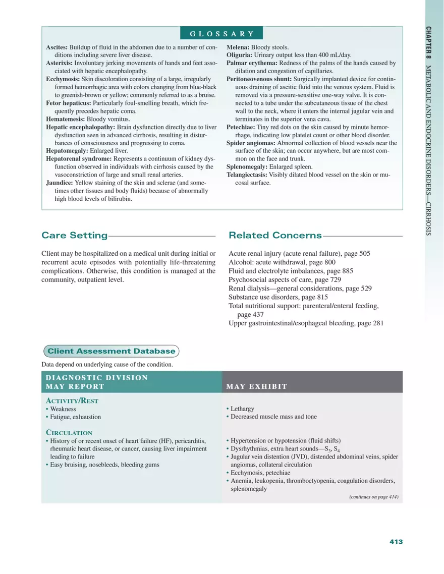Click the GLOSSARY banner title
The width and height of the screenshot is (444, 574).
click(222, 34)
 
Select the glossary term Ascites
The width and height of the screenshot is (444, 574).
click(57, 47)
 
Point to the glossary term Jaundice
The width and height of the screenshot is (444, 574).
click(60, 183)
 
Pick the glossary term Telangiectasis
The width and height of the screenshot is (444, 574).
click(247, 175)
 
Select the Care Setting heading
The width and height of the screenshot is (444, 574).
click(75, 236)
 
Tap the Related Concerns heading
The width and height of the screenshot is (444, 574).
click(275, 236)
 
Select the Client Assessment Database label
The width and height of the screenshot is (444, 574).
click(112, 351)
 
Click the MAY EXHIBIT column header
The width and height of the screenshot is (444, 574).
click(257, 386)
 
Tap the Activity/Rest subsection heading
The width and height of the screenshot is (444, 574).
click(72, 400)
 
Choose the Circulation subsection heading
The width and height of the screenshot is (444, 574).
click(69, 433)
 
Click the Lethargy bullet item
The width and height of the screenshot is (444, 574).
click(242, 409)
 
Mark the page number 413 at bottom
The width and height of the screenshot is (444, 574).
click(396, 541)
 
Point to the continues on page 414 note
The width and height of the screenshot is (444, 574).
click(373, 497)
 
